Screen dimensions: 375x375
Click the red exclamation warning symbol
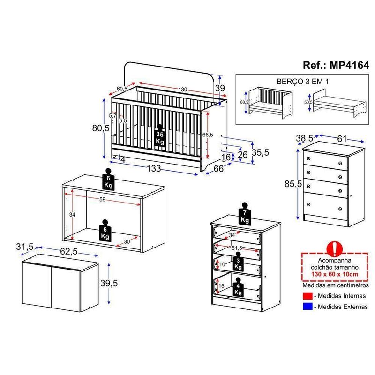click(334, 248)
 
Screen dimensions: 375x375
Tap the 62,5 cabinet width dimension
click(68, 251)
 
